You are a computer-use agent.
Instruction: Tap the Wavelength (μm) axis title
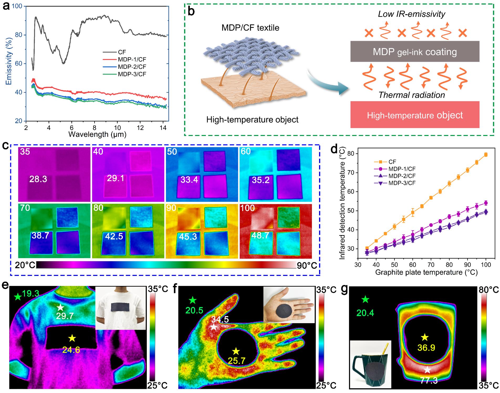[x=97, y=134]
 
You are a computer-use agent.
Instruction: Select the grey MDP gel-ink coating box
[x=415, y=51]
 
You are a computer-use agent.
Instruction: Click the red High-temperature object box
[x=415, y=115]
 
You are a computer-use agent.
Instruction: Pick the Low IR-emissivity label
[x=412, y=14]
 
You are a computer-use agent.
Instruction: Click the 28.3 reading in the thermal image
[x=38, y=179]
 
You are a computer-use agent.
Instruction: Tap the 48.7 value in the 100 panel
[x=260, y=235]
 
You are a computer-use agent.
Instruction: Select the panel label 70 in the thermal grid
[x=25, y=208]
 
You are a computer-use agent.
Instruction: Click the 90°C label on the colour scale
[x=307, y=266]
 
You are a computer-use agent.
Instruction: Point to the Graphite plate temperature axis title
[x=426, y=272]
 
